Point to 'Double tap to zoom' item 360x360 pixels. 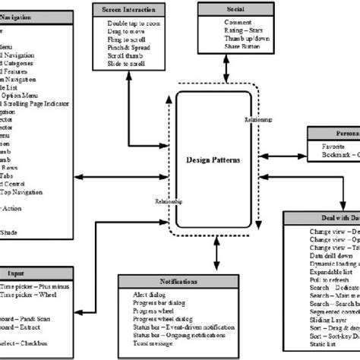click(x=133, y=24)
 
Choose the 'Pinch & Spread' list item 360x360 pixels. click(x=128, y=47)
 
